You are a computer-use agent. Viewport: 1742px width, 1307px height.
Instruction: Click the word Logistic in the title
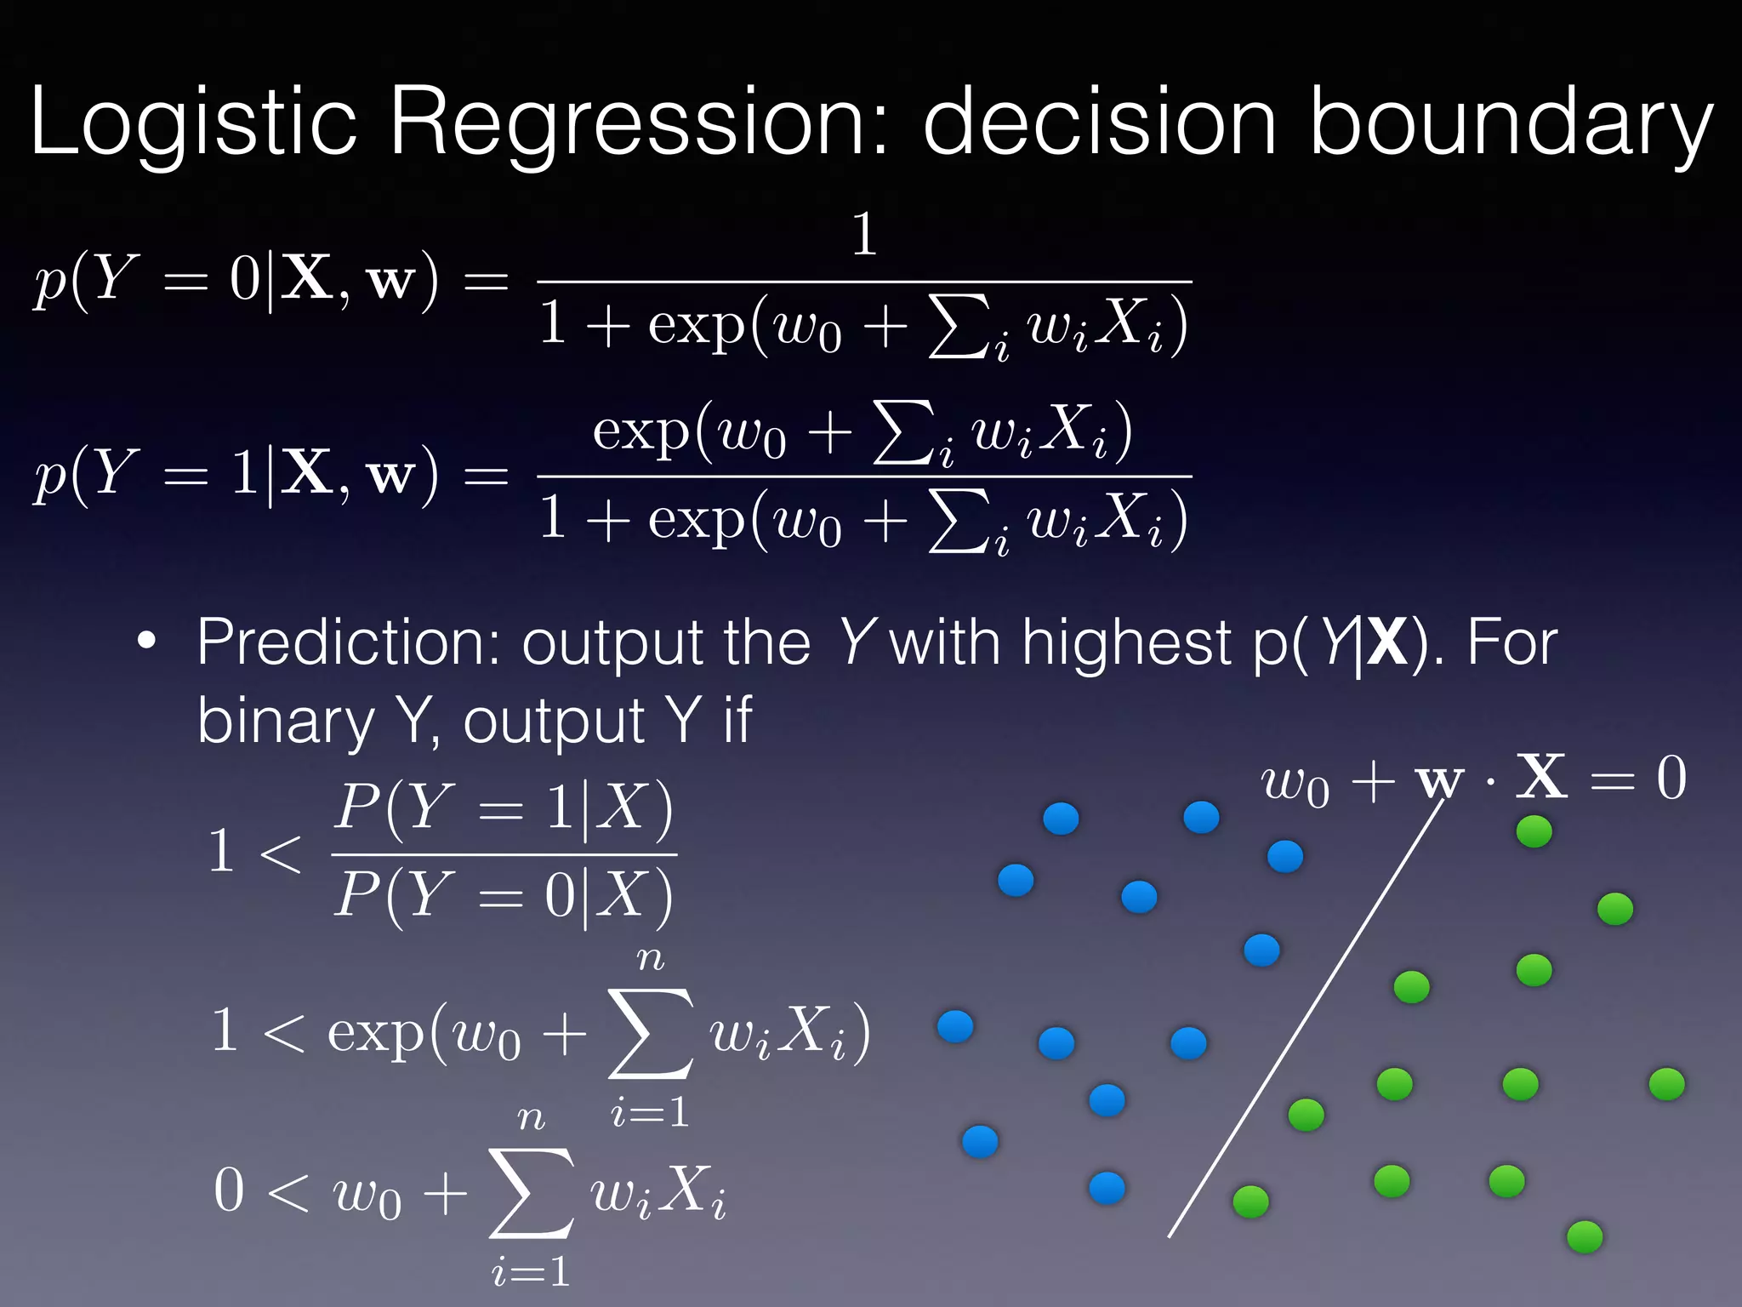pos(192,123)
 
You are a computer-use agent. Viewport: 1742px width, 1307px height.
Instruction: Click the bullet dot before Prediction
pos(147,642)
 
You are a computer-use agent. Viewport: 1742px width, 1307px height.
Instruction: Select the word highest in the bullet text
pos(1126,642)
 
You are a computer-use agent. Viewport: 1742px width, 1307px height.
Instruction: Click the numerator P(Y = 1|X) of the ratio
pos(504,807)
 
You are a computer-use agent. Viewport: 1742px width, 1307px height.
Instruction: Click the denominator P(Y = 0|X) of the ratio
pos(504,895)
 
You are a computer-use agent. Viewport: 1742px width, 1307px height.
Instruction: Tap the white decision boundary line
pos(1306,1021)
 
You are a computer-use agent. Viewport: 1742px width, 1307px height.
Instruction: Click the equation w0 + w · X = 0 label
pos(1472,779)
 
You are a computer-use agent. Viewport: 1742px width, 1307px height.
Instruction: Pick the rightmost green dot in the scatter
pos(1666,1085)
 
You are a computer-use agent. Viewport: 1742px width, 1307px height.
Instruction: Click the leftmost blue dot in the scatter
pos(954,1027)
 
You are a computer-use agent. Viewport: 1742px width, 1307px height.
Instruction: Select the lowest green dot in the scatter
pos(1585,1236)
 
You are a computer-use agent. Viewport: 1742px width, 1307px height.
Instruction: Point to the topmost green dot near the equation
pos(1534,831)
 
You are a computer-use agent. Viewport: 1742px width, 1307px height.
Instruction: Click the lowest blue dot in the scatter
pos(1107,1188)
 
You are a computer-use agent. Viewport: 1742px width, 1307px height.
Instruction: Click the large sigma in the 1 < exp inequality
pos(650,1033)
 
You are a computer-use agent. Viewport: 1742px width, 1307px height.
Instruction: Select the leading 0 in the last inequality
pos(229,1190)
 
